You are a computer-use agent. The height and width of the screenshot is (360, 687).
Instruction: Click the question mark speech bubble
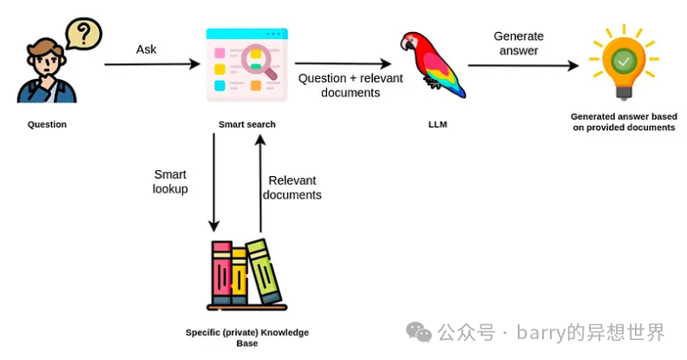click(x=83, y=35)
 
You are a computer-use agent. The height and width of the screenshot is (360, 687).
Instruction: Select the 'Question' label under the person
click(x=47, y=125)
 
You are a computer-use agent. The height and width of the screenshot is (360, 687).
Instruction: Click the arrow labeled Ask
click(x=151, y=64)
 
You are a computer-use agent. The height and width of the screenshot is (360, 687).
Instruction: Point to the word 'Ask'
click(x=147, y=49)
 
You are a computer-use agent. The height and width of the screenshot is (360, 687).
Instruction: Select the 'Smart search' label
click(x=247, y=125)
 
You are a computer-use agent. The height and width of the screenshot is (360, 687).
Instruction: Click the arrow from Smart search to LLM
click(x=342, y=63)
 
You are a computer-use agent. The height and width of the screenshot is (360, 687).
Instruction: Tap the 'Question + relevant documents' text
click(x=338, y=85)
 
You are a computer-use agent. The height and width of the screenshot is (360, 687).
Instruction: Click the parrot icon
click(x=430, y=62)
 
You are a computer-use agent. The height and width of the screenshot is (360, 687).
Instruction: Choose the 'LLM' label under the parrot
click(x=438, y=125)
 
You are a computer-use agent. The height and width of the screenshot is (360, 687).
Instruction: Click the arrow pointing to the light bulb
click(x=523, y=65)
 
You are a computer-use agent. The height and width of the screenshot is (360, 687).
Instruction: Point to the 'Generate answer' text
click(x=519, y=43)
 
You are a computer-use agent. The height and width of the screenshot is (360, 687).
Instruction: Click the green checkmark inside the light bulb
click(x=622, y=61)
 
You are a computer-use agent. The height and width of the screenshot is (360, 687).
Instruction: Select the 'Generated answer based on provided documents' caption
click(x=623, y=121)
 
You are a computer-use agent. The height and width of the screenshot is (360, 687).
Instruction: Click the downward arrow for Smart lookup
click(x=213, y=182)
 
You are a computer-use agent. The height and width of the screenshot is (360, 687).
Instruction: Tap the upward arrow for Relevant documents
click(x=260, y=182)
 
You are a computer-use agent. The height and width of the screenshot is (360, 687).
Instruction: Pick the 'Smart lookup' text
click(x=170, y=181)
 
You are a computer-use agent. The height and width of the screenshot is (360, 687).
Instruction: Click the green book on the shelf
click(x=264, y=270)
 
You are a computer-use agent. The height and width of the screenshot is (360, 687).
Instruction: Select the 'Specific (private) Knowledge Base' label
click(x=247, y=337)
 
